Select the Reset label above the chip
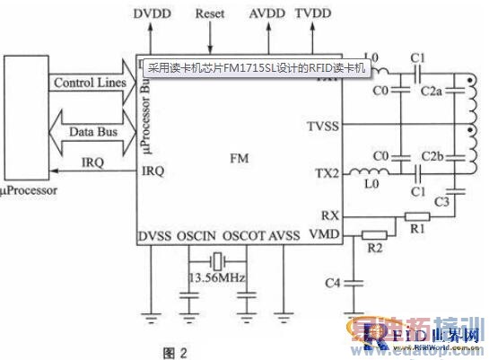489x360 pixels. (x=210, y=15)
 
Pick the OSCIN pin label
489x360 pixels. (x=196, y=236)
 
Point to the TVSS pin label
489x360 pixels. (x=322, y=127)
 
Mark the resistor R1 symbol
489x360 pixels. (x=417, y=216)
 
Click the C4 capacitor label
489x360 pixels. (x=332, y=284)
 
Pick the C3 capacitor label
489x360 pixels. (x=441, y=201)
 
